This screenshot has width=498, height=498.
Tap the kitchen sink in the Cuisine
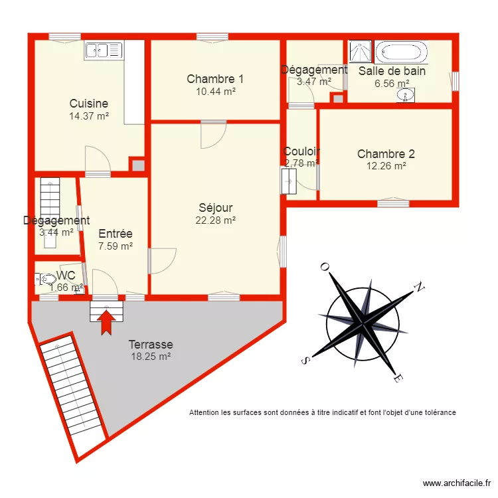(x=104, y=50)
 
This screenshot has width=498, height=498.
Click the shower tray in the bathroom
(x=361, y=52)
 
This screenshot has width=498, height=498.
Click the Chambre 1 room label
(x=210, y=79)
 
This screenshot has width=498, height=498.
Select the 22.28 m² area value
(x=215, y=220)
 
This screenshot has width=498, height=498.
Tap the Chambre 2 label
(x=386, y=154)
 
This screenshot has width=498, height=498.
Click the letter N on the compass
(x=419, y=287)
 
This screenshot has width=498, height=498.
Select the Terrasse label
(x=151, y=345)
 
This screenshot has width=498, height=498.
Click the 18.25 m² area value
(x=151, y=357)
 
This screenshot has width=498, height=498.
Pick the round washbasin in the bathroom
(x=404, y=96)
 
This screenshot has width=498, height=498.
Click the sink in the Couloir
(x=289, y=181)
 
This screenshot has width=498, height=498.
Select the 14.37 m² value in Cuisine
(x=88, y=116)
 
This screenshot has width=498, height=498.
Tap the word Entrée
(x=116, y=234)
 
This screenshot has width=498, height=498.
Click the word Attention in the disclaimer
(x=205, y=412)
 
